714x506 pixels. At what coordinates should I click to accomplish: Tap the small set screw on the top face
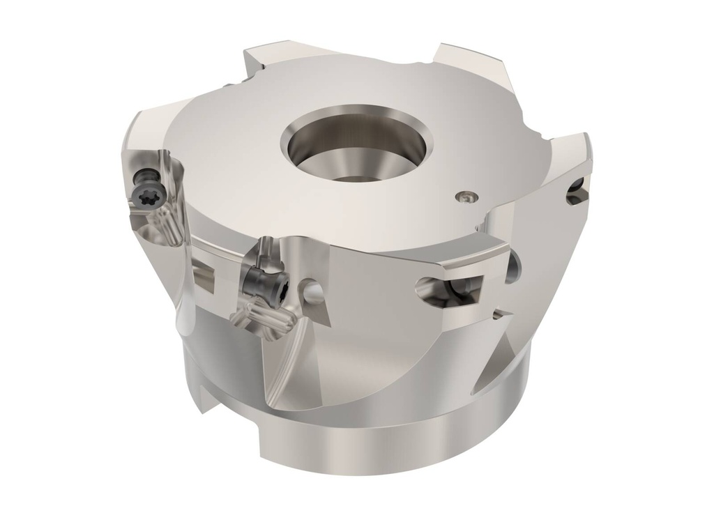[x=466, y=197]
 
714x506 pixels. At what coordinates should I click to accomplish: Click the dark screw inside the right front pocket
[x=457, y=287]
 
